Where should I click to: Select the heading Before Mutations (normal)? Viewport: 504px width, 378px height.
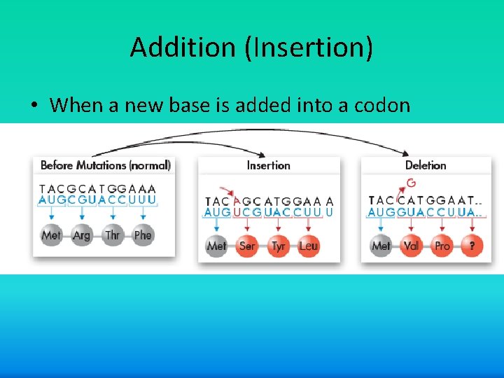click(x=106, y=166)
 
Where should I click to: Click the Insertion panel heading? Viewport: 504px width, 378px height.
click(x=268, y=166)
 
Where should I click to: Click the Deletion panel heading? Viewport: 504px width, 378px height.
click(x=426, y=166)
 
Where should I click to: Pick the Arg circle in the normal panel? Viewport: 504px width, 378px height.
click(x=82, y=235)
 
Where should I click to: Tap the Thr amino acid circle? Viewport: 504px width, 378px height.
click(x=113, y=235)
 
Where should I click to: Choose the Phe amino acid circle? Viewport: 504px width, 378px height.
click(x=143, y=235)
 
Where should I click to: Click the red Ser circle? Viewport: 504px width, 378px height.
click(x=247, y=246)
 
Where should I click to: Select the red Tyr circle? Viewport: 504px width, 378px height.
click(x=278, y=246)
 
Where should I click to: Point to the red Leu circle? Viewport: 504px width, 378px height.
click(x=308, y=246)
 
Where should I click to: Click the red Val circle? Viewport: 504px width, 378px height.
click(x=412, y=246)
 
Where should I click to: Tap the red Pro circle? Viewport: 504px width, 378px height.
click(x=442, y=246)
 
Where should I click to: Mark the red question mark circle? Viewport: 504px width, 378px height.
click(x=472, y=246)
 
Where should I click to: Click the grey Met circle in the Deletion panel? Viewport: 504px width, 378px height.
click(x=381, y=246)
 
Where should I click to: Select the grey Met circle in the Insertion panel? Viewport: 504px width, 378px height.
click(x=217, y=246)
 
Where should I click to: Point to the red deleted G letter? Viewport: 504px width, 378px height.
click(x=411, y=183)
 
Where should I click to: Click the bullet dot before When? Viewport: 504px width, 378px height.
click(x=33, y=106)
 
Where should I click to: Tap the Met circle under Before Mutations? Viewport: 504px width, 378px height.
click(x=51, y=235)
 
